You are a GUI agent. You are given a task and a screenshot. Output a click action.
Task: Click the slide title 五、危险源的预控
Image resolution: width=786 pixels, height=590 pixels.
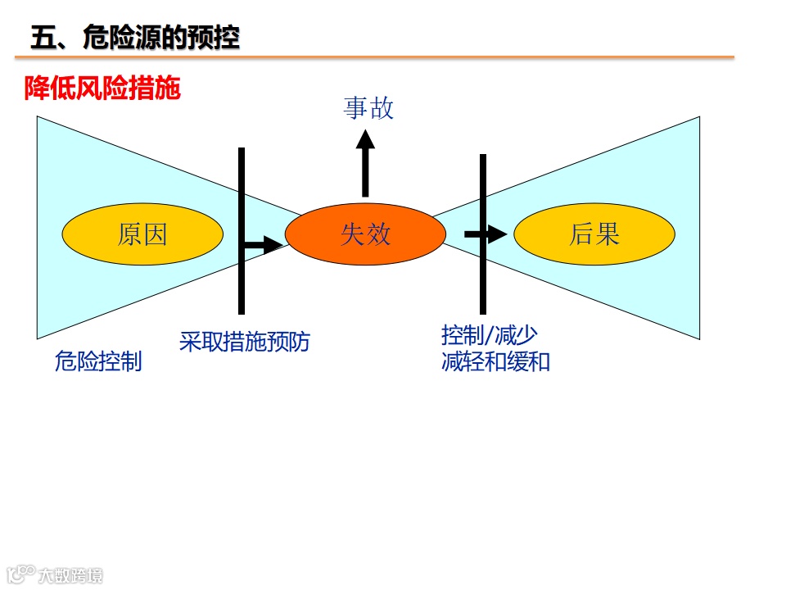click(x=135, y=38)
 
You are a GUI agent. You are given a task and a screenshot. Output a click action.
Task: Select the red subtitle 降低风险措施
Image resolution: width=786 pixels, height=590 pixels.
click(x=102, y=88)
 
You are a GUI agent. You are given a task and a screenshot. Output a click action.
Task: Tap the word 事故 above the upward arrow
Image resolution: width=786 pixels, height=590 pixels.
click(x=368, y=108)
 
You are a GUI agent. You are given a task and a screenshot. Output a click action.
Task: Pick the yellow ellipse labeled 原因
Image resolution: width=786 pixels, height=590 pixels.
click(x=142, y=234)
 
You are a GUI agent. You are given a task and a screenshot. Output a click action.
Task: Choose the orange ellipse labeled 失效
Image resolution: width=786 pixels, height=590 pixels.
click(x=365, y=234)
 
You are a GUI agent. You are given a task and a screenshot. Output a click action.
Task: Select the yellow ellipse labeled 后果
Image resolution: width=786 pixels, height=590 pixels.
click(x=594, y=234)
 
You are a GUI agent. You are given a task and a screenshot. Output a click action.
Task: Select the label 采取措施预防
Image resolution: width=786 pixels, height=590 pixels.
click(x=245, y=342)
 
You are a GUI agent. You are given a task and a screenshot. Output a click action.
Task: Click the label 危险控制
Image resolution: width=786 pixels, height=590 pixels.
click(x=98, y=361)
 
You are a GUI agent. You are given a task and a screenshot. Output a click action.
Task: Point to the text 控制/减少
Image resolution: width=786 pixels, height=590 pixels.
click(x=489, y=336)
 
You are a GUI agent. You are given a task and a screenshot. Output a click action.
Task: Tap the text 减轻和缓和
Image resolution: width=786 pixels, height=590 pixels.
click(x=495, y=361)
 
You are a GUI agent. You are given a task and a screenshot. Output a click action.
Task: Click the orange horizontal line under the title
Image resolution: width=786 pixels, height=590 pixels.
click(x=374, y=57)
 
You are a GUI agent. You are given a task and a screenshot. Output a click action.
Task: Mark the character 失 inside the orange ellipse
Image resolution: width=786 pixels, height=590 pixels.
click(x=352, y=234)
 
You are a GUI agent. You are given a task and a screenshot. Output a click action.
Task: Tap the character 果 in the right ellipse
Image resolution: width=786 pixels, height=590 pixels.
click(x=608, y=234)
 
